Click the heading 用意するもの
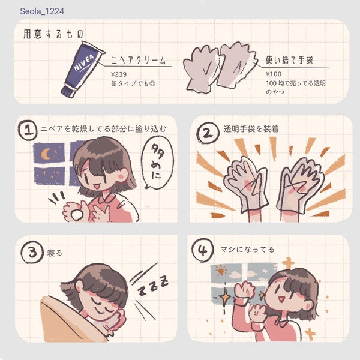click(x=53, y=34)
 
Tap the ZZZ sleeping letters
click(x=152, y=288)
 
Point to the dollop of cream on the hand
click(x=76, y=211)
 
